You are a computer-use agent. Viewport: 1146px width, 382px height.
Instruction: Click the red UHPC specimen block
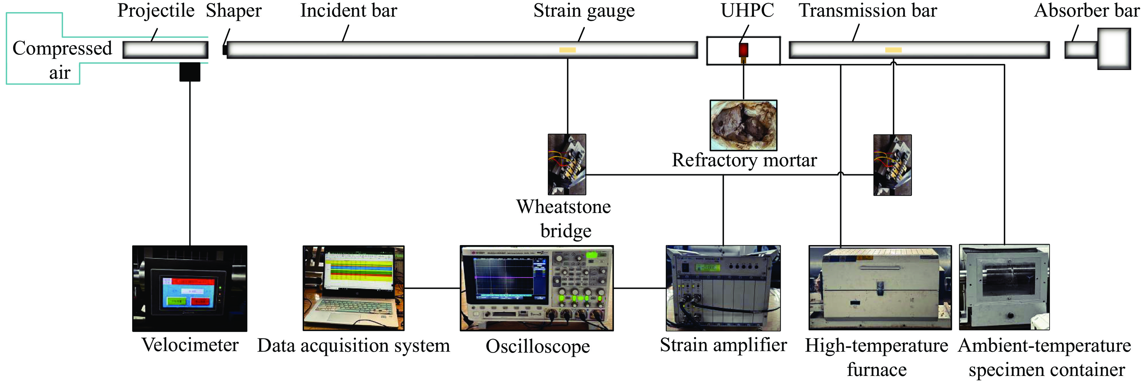[743, 49]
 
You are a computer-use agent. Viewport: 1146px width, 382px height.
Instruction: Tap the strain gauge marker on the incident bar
[567, 50]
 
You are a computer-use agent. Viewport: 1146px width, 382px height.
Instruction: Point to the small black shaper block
[225, 49]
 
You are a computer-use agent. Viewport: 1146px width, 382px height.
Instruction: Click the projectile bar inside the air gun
[166, 50]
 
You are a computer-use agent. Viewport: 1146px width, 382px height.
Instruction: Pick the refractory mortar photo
[743, 125]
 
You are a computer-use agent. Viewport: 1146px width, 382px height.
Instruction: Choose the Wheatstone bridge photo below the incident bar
[567, 164]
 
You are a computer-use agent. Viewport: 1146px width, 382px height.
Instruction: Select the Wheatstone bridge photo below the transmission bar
[893, 165]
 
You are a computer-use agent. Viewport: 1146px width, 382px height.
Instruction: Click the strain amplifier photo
[723, 288]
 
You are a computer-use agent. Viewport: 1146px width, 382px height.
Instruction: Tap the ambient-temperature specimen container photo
[1004, 287]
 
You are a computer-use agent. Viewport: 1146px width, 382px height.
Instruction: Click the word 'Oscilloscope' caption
[538, 347]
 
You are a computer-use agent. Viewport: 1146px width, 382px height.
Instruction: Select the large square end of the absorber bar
[1114, 48]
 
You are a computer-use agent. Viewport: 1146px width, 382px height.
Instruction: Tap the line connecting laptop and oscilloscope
[431, 288]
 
